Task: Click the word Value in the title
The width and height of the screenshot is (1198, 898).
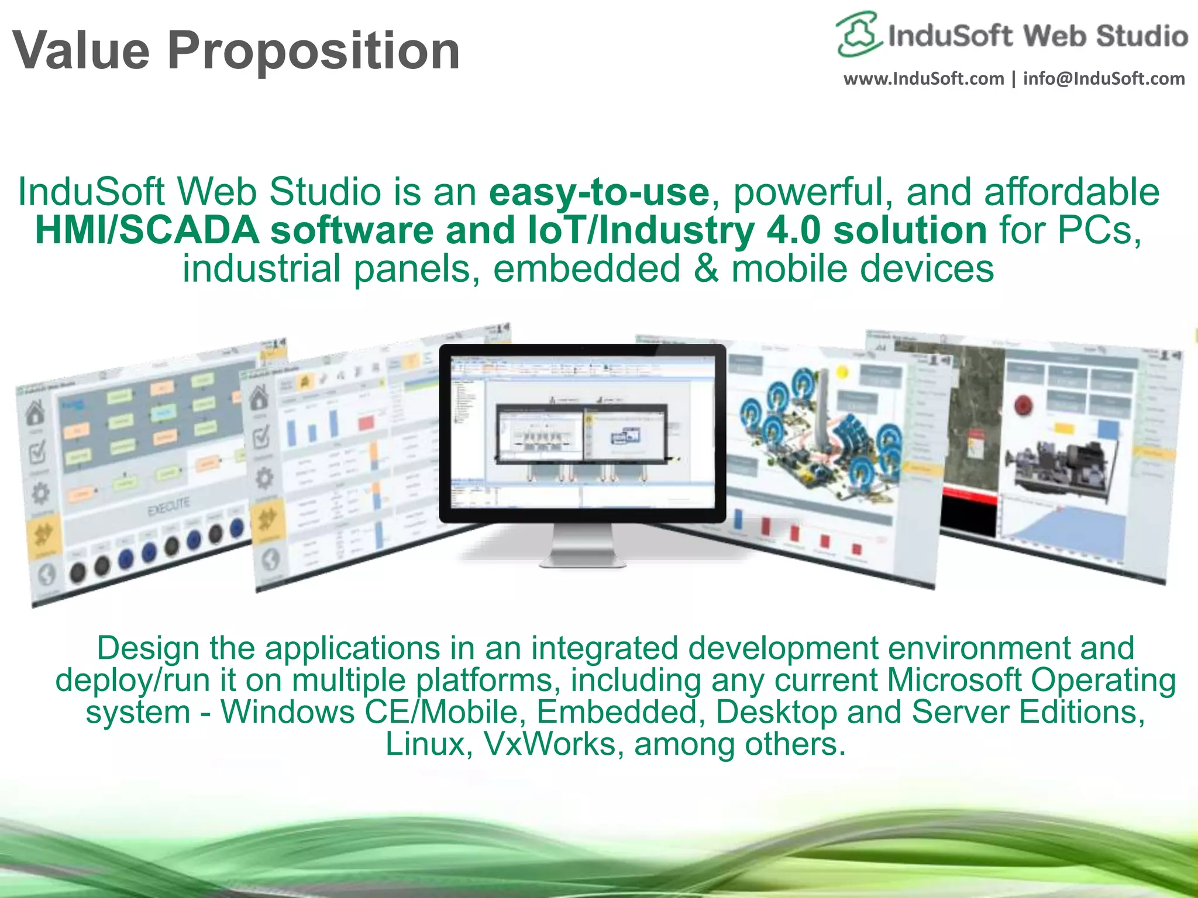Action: coord(81,51)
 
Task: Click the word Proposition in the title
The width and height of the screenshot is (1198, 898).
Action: coord(314,51)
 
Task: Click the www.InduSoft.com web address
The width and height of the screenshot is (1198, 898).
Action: coord(923,79)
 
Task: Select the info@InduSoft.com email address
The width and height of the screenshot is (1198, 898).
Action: coord(1104,79)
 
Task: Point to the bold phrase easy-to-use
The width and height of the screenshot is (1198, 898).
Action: coord(599,192)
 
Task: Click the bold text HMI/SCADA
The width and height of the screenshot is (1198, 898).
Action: coord(147,230)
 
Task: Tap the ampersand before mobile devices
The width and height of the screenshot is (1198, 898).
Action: coord(706,269)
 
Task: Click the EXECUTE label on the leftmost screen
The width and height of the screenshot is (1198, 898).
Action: coord(168,506)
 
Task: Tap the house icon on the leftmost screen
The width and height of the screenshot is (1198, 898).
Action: coord(35,412)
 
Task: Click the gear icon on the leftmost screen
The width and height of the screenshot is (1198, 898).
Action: coord(40,493)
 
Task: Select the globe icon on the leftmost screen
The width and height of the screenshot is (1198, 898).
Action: coord(47,575)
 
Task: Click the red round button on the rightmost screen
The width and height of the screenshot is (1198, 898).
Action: coord(1023,404)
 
